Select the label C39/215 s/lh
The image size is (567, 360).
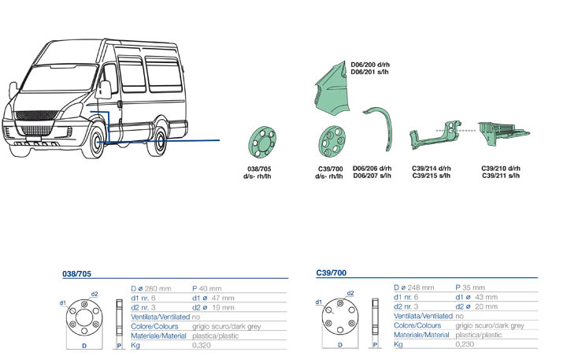[x=431, y=176]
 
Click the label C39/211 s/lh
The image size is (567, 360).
[x=500, y=176]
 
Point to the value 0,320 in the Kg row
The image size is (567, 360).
[x=203, y=345]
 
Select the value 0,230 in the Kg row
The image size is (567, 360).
[x=466, y=344]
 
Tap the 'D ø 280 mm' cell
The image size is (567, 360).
[x=150, y=288]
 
